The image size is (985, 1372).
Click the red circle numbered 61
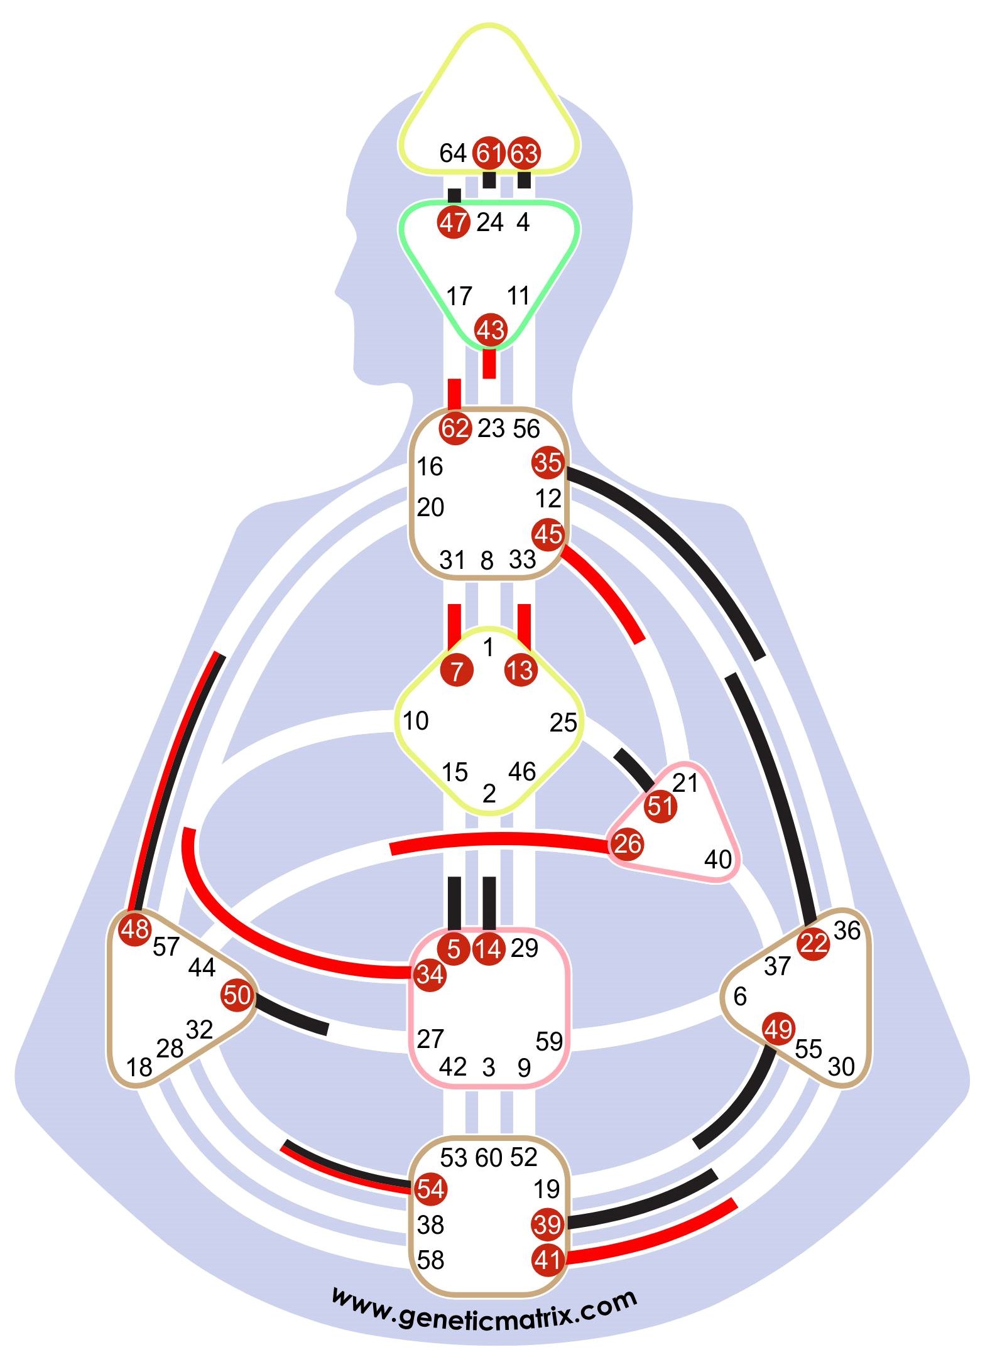(489, 153)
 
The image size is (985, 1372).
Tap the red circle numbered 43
(491, 330)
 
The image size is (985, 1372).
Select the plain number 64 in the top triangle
(452, 153)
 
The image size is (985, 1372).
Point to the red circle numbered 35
(548, 463)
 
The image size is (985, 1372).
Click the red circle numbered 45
(548, 535)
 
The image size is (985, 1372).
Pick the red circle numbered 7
(457, 671)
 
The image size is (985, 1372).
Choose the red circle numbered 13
(521, 671)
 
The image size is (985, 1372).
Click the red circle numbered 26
(627, 844)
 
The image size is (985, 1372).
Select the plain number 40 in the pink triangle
(717, 859)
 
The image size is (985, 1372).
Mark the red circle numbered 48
(134, 929)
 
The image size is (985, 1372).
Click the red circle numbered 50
(237, 995)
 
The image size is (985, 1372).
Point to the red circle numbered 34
(430, 975)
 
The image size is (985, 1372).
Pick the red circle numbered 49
(778, 1030)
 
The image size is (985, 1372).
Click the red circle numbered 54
(430, 1189)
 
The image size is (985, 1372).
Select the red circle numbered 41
(547, 1260)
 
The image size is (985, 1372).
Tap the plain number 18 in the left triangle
(139, 1067)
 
